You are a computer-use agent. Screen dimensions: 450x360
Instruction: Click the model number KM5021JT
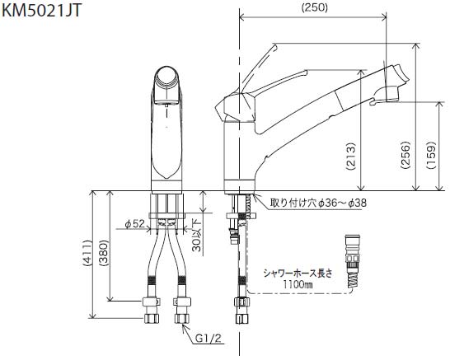click(x=42, y=11)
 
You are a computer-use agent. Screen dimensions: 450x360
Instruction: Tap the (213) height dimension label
click(x=351, y=157)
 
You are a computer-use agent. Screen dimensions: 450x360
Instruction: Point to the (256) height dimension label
click(x=405, y=155)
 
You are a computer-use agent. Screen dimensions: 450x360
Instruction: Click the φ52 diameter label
click(x=135, y=223)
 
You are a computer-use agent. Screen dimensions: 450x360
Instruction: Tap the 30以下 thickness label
click(x=197, y=236)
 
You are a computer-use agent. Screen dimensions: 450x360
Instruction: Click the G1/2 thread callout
click(x=209, y=339)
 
